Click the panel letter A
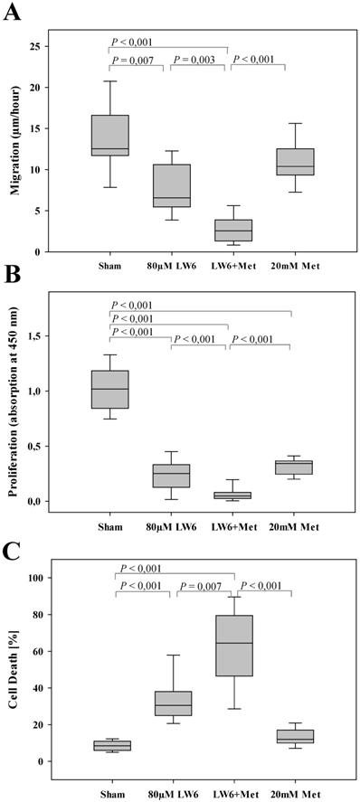point(12,12)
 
